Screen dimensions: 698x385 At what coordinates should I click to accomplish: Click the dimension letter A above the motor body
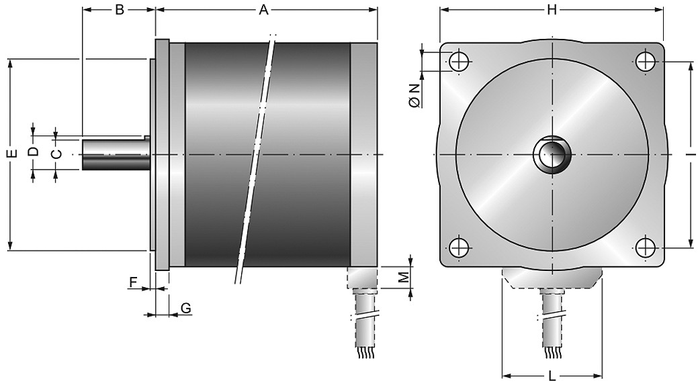[264, 10]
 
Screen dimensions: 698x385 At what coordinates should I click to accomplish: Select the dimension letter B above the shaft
[120, 10]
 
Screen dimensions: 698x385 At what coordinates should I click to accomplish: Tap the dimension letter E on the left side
[13, 154]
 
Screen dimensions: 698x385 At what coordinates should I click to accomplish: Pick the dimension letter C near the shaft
[55, 154]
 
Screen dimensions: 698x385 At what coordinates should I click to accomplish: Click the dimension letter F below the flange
[132, 282]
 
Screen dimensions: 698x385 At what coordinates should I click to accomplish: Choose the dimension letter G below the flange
[186, 308]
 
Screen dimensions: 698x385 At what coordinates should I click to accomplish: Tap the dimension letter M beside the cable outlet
[403, 278]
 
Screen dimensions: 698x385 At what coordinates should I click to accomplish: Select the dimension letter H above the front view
[552, 10]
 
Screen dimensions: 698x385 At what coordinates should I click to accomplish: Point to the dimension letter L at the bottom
[552, 376]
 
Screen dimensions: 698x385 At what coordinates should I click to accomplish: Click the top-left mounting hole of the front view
[459, 61]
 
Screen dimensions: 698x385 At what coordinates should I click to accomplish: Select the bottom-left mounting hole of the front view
[459, 248]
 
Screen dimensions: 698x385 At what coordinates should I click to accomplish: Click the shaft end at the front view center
[552, 154]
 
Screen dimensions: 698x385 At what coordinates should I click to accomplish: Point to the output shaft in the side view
[116, 154]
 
